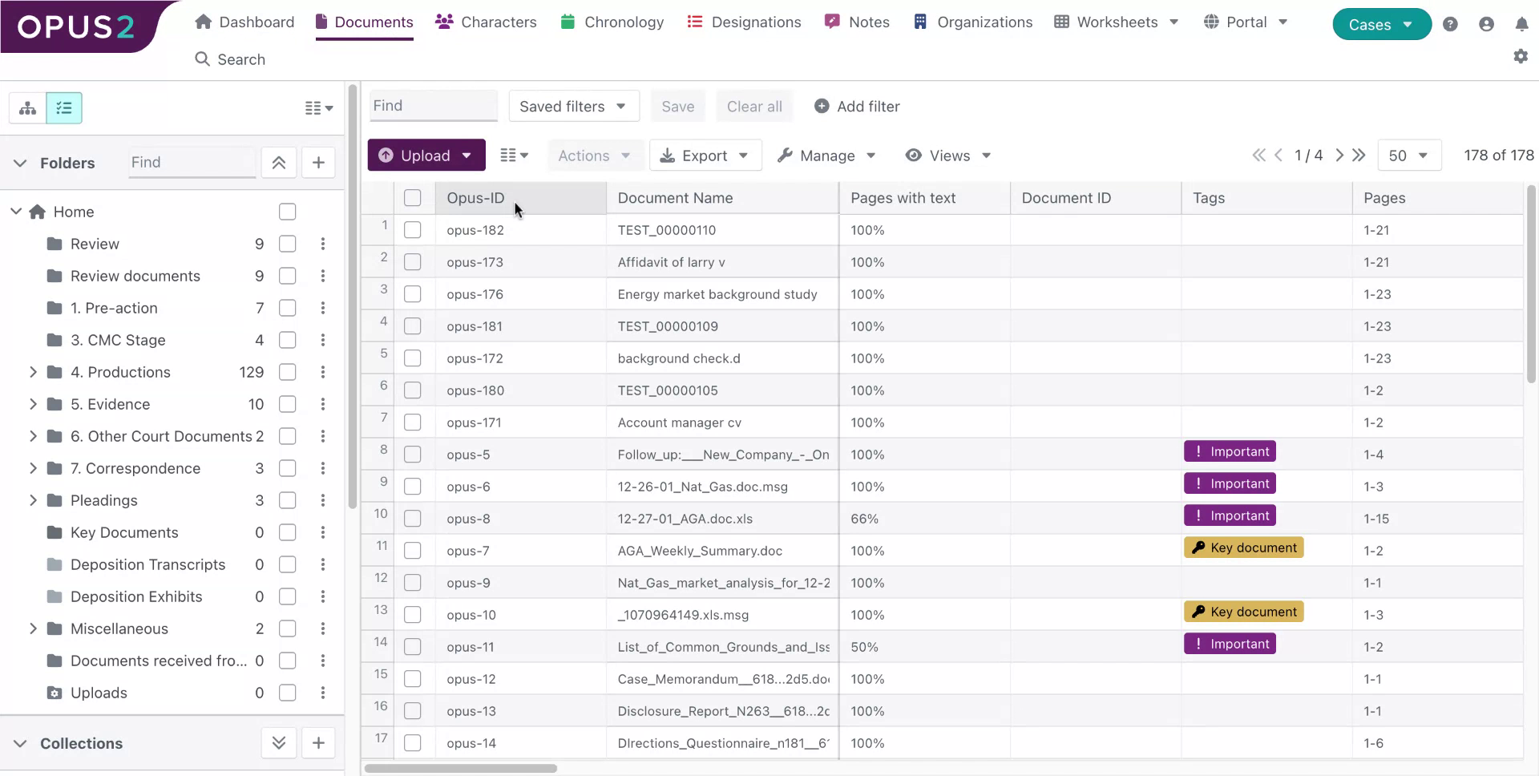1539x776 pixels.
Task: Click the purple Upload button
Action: coord(426,156)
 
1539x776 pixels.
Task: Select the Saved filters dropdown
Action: coord(573,107)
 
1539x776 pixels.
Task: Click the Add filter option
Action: coord(857,107)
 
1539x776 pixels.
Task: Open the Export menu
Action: coord(705,156)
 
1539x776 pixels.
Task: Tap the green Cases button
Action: coord(1381,25)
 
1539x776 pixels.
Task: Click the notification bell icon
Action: coord(1521,24)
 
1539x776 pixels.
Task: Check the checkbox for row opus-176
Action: coord(413,294)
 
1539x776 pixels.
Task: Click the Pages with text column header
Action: coord(903,198)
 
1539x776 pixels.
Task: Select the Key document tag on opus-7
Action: coord(1244,548)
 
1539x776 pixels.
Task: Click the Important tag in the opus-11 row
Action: coord(1230,644)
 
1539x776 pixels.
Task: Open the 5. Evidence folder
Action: coord(110,404)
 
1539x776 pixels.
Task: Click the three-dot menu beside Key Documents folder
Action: coord(323,532)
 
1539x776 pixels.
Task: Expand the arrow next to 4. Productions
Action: coord(33,372)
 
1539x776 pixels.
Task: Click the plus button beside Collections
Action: coord(318,743)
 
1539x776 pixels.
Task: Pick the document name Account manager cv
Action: coord(679,422)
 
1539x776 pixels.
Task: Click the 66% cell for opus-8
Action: coord(864,519)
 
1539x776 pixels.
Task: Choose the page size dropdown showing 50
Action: coord(1408,156)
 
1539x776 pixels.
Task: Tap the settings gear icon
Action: coord(1521,56)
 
